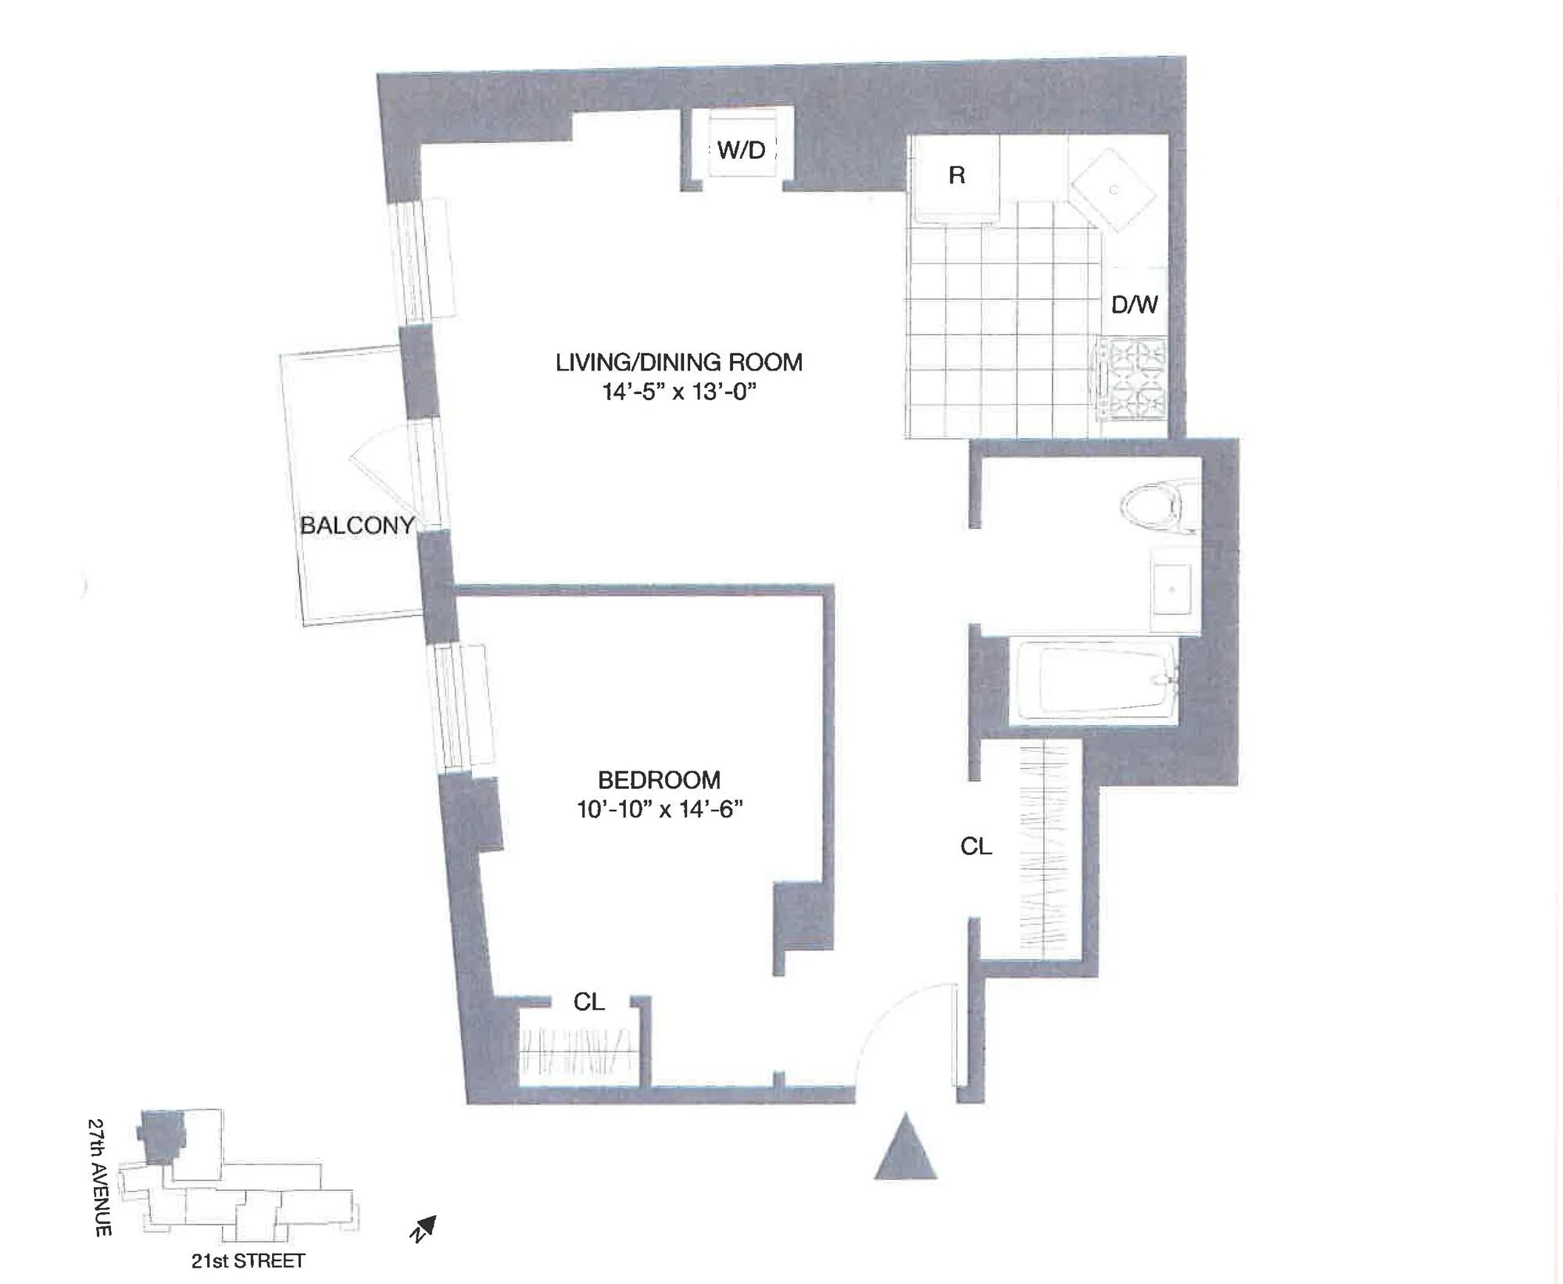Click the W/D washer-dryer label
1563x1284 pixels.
point(741,149)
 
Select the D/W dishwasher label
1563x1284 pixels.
point(1134,304)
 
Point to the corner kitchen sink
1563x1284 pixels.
point(1113,190)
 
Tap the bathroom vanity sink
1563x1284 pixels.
point(1172,589)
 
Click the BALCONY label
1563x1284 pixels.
point(357,525)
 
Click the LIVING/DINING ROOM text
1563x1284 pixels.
point(678,363)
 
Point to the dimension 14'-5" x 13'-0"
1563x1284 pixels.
point(678,392)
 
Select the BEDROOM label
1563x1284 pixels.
point(659,780)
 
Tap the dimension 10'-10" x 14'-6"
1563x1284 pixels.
point(659,809)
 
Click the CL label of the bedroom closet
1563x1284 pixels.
point(588,1002)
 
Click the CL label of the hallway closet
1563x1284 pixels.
point(976,846)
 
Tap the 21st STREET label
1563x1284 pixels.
point(248,1261)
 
